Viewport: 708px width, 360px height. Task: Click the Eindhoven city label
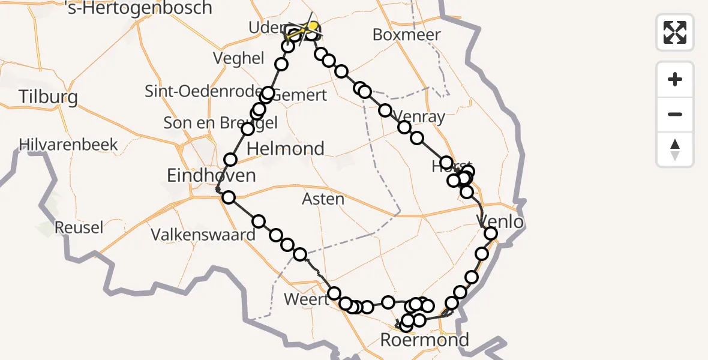[x=211, y=176]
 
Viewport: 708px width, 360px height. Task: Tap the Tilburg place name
[x=48, y=97]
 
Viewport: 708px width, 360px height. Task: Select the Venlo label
[x=500, y=222]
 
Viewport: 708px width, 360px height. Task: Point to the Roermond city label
[x=425, y=340]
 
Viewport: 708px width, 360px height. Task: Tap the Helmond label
[x=286, y=148]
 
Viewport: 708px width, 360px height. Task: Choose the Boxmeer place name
[x=406, y=34]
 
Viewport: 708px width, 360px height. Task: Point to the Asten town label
[x=324, y=199]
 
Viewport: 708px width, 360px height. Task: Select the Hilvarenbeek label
[x=68, y=145]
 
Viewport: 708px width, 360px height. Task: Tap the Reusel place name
[x=79, y=227]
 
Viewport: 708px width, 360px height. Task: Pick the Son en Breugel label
[x=221, y=123]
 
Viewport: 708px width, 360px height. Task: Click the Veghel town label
[x=238, y=58]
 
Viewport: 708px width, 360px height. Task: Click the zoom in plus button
[x=675, y=79]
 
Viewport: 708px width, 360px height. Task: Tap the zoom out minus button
[x=675, y=114]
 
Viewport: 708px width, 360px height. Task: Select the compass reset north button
[x=675, y=149]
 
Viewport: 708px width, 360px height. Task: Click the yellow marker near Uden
[x=312, y=26]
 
